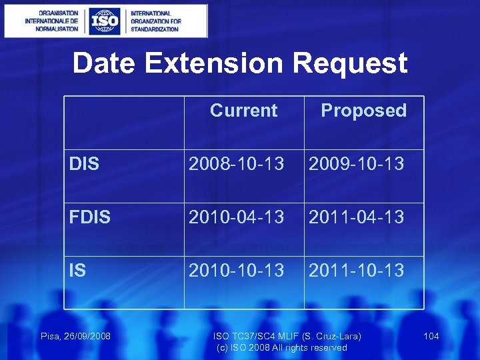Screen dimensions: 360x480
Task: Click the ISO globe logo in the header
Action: [105, 21]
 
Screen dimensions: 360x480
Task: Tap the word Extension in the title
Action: [214, 64]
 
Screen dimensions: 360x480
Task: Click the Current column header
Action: [243, 111]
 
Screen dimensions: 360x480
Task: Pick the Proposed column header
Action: [363, 111]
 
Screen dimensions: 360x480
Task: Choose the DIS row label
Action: [84, 164]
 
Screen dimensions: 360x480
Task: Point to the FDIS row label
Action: [91, 217]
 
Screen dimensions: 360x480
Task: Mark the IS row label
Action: [77, 271]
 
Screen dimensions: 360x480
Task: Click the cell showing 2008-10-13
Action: [237, 164]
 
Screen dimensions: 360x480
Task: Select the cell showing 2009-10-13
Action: [356, 164]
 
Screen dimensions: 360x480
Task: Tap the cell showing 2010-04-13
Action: [237, 217]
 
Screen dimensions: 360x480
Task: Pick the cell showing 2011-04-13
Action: [356, 217]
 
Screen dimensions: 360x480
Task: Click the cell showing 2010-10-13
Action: [237, 271]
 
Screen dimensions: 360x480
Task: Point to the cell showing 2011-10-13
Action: [356, 271]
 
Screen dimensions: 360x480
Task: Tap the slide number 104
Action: [431, 336]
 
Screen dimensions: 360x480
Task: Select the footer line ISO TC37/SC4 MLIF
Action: [287, 336]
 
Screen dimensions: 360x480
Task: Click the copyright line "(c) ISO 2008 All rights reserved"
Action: [282, 348]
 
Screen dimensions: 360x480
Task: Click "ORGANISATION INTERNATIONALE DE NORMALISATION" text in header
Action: [51, 21]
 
